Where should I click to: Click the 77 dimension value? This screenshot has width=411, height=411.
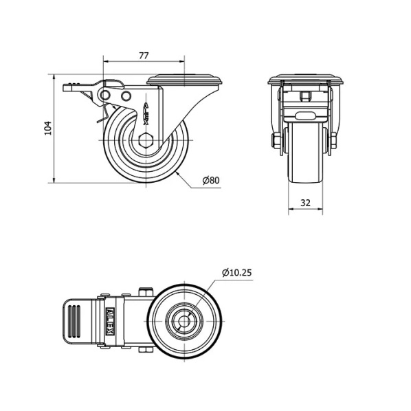pyautogui.click(x=144, y=56)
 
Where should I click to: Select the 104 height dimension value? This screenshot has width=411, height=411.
pyautogui.click(x=49, y=128)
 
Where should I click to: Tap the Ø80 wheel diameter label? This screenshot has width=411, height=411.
pyautogui.click(x=211, y=180)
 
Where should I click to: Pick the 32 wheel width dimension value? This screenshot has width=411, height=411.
pyautogui.click(x=305, y=203)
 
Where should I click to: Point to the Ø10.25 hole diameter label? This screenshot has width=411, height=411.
pyautogui.click(x=236, y=273)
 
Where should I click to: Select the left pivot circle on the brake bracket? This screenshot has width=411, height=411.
pyautogui.click(x=105, y=95)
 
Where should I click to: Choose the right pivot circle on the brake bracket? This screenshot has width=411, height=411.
pyautogui.click(x=126, y=96)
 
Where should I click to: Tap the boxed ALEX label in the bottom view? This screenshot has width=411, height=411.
pyautogui.click(x=111, y=321)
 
